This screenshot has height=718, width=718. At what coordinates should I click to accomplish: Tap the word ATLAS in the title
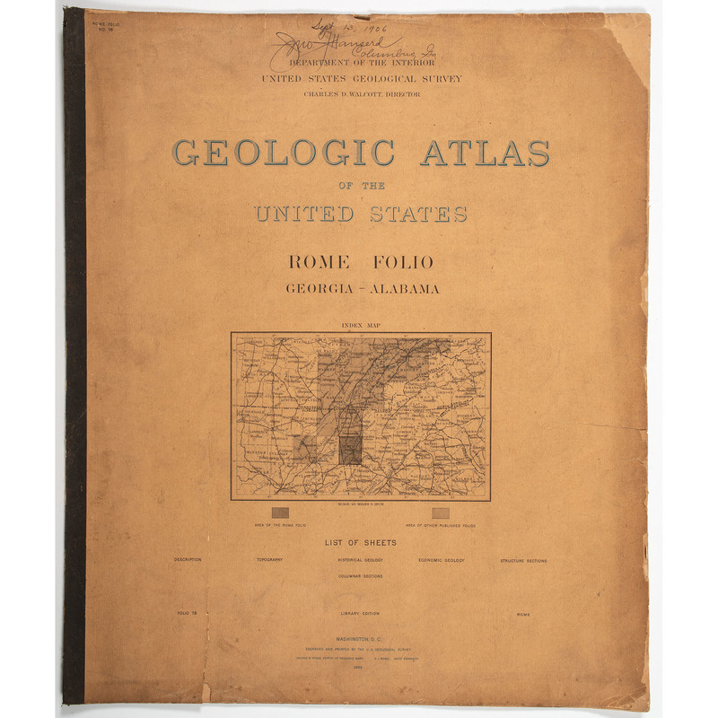(485, 152)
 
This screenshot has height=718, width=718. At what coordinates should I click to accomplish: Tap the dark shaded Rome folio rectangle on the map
(350, 445)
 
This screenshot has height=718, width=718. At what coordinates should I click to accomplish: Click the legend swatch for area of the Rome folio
(281, 512)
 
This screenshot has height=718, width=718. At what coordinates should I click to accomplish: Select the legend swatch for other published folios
(440, 512)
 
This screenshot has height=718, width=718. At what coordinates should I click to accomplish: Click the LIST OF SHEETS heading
(360, 542)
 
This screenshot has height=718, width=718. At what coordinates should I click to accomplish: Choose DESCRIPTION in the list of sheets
(188, 560)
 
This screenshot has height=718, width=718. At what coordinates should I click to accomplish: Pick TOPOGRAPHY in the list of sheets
(269, 560)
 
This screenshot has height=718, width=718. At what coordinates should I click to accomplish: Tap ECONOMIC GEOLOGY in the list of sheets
(441, 560)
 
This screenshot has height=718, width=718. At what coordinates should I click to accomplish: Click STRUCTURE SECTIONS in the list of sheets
(523, 560)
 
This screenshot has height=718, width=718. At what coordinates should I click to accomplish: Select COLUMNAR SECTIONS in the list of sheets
(360, 576)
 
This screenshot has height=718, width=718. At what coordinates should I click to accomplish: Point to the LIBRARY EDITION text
(360, 614)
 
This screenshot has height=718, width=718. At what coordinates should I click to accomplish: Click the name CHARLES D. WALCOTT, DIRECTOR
(361, 93)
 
